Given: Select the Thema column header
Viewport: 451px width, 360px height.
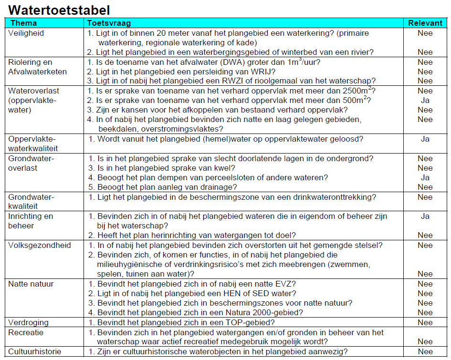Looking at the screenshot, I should click(23, 23).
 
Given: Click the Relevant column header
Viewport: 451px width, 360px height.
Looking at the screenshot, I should click(425, 23).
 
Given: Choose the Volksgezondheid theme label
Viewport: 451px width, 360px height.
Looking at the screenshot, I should click(39, 245).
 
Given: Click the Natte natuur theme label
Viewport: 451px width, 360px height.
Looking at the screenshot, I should click(31, 284).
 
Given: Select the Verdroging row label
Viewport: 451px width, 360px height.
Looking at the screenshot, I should click(28, 322).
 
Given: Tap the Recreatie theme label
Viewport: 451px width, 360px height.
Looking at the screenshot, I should click(26, 332).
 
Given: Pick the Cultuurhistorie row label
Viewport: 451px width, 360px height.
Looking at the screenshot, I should click(34, 351).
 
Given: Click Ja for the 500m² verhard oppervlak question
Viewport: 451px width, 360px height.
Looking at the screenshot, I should click(425, 101).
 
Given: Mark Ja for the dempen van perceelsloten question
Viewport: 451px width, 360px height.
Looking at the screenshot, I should click(425, 177).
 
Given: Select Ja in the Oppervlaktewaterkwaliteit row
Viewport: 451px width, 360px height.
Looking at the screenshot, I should click(425, 139).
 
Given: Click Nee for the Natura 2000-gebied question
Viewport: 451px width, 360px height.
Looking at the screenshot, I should click(425, 313).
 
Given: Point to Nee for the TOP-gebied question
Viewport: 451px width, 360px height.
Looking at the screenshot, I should click(425, 322).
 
